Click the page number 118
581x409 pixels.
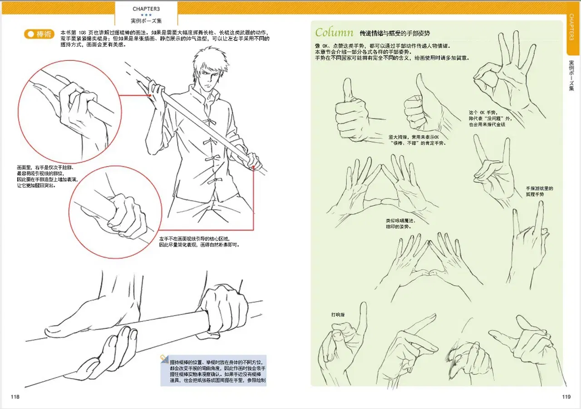15,397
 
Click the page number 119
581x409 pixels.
566,397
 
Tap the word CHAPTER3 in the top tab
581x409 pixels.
146,9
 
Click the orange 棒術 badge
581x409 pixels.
39,34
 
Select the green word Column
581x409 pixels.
334,33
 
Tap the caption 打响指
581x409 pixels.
338,315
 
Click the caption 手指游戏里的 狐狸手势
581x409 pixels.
539,191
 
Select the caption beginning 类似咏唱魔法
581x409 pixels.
400,224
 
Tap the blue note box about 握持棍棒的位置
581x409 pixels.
213,370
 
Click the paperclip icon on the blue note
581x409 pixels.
164,359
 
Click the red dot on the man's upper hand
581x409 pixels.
150,95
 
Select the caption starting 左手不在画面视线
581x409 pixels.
199,242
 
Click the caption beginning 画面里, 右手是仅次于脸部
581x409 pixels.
47,176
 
